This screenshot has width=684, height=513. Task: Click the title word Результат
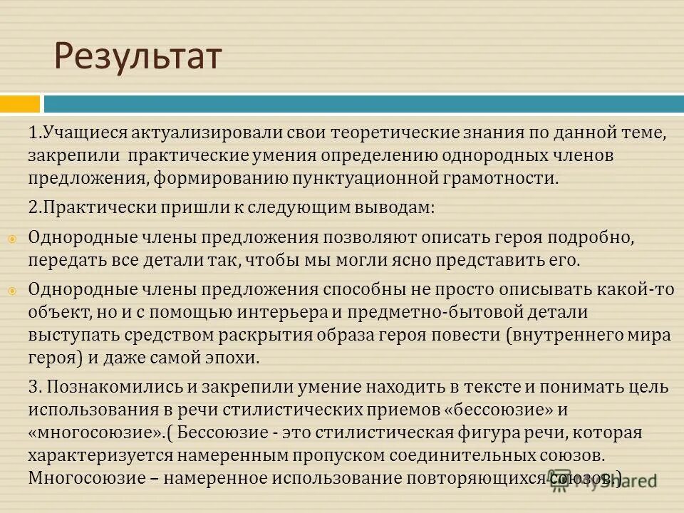click(x=138, y=58)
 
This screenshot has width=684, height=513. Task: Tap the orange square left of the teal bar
click(x=20, y=104)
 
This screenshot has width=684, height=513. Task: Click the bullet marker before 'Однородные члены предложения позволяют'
click(x=12, y=239)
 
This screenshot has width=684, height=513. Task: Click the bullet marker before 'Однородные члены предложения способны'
click(x=12, y=291)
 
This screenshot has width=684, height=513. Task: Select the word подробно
click(x=587, y=237)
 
